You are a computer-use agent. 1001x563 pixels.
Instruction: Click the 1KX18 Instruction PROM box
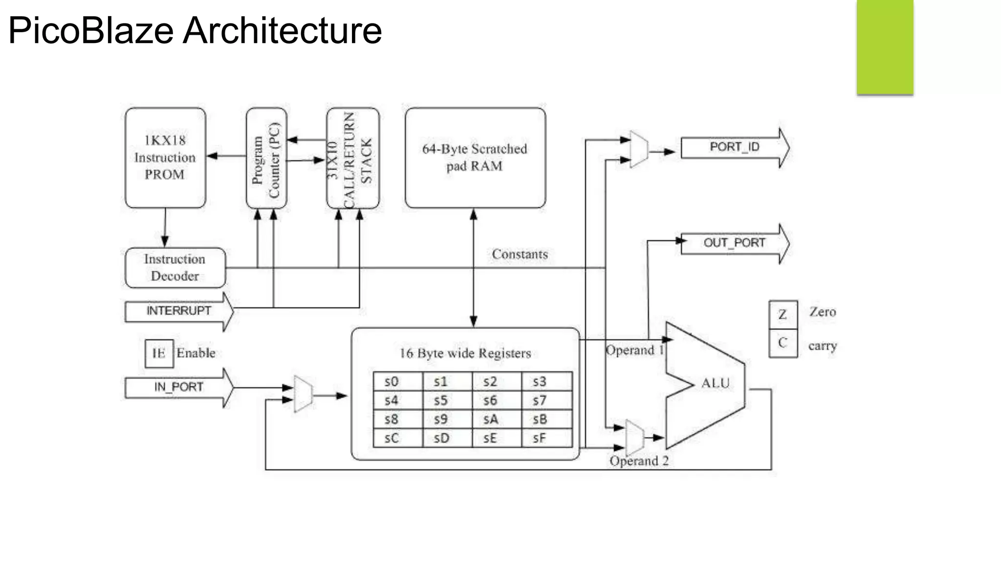coord(165,157)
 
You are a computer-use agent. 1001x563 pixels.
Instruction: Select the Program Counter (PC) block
coord(266,158)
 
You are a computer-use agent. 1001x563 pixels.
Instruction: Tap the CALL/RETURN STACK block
coord(353,158)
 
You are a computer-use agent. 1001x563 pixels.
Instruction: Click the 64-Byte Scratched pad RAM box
coord(475,157)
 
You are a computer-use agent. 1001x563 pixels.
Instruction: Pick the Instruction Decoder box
coord(175,267)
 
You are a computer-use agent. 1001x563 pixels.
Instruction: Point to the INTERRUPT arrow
coord(179,311)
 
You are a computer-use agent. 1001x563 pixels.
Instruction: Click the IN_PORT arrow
coord(179,387)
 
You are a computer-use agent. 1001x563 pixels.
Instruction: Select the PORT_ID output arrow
coord(734,147)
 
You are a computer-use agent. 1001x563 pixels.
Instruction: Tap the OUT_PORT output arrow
coord(734,243)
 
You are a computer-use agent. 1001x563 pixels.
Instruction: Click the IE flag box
coord(159,353)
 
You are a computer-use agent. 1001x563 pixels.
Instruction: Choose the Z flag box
coord(783,314)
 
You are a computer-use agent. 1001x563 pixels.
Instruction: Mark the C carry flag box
coord(783,343)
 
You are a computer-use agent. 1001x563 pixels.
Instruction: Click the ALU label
coord(715,383)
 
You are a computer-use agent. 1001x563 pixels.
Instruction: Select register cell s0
coord(397,382)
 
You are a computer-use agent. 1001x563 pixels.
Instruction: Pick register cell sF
coord(546,438)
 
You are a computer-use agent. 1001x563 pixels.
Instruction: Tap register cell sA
coord(496,419)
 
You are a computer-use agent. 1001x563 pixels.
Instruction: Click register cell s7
coord(546,401)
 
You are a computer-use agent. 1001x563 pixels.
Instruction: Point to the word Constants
coord(520,254)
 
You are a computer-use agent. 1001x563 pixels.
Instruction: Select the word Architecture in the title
coord(282,30)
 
